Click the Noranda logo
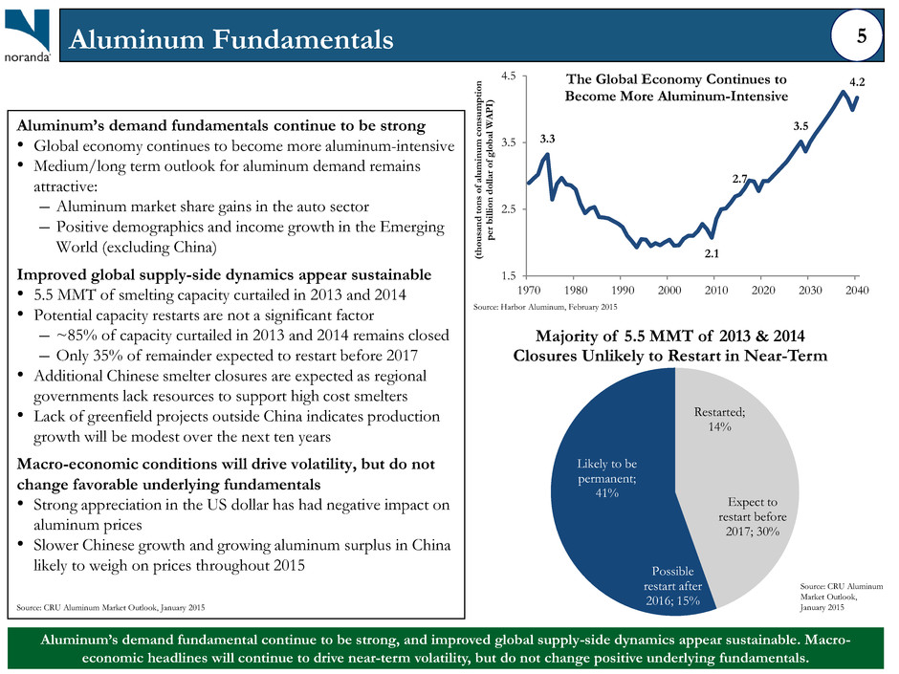point(28,35)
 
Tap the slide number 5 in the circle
point(861,36)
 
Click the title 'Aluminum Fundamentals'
point(231,39)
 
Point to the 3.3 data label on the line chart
point(548,139)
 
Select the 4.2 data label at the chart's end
point(857,82)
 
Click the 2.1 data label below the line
point(712,253)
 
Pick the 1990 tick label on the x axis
point(623,290)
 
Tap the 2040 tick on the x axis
point(857,290)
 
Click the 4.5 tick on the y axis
point(508,76)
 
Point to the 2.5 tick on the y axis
point(508,209)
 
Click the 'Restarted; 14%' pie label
point(719,419)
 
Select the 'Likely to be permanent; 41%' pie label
point(606,478)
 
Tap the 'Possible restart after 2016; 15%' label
point(672,586)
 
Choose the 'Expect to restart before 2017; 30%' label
point(753,516)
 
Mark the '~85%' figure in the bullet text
point(74,336)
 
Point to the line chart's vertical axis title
point(484,169)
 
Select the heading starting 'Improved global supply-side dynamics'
point(224,274)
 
